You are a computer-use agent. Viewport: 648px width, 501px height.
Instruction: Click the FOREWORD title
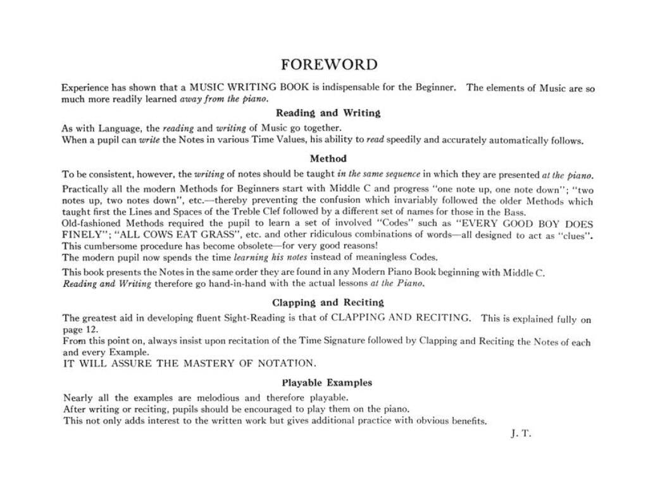[x=328, y=65]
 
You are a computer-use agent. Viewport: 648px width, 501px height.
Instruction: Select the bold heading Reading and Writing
[x=328, y=113]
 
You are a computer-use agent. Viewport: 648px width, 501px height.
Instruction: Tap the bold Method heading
[x=328, y=158]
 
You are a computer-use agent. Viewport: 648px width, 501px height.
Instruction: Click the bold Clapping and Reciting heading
[x=328, y=303]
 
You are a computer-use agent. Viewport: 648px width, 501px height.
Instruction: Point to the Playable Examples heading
[x=327, y=383]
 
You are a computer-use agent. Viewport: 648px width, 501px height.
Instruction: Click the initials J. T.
[x=520, y=434]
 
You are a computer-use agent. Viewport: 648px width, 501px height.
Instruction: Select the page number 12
[x=91, y=330]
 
